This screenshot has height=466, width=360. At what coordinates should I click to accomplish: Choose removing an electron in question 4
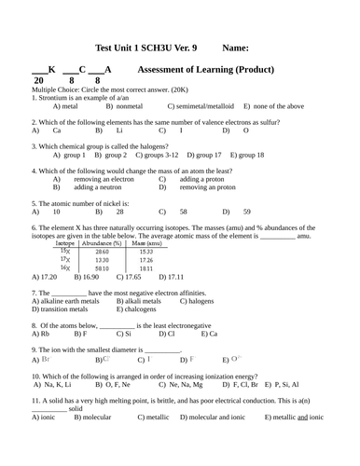click(97, 179)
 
